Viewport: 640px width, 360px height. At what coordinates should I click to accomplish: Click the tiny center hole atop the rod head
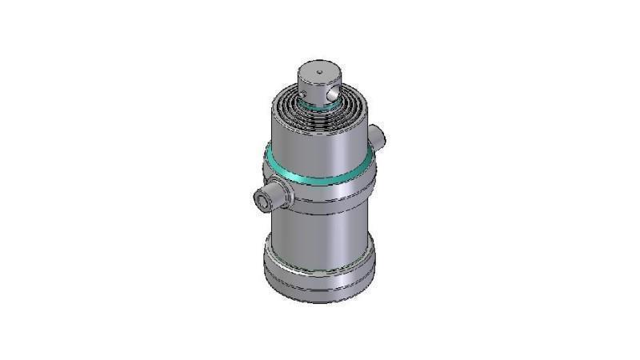(x=319, y=73)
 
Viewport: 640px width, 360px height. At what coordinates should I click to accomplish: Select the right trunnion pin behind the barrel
(x=378, y=136)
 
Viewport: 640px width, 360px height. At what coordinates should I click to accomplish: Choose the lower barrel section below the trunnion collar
(x=320, y=236)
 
